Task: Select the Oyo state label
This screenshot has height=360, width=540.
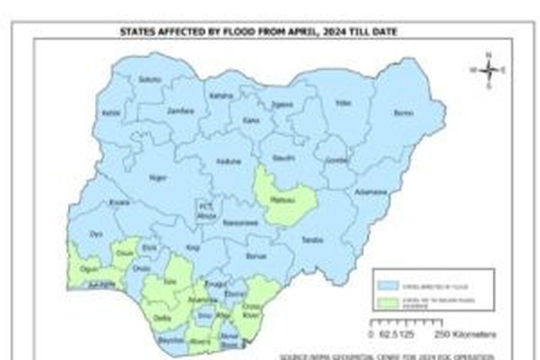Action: point(96,233)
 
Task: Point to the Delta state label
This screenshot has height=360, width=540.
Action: point(161,317)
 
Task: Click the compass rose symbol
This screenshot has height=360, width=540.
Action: point(489,70)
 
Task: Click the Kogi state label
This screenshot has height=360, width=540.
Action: point(193,248)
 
